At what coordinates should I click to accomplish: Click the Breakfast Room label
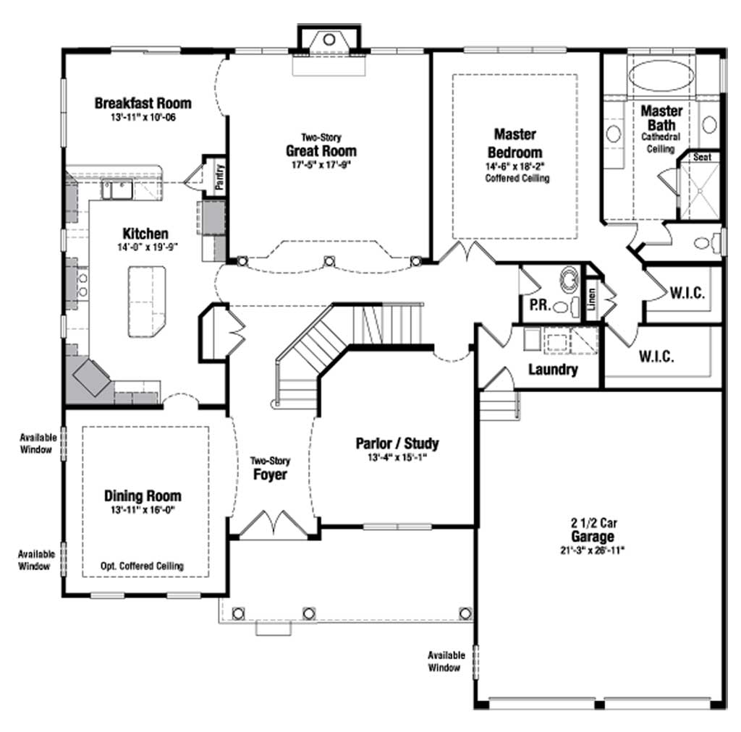(143, 103)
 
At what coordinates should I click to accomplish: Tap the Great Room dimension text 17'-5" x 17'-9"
(321, 165)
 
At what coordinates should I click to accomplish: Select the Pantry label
(219, 177)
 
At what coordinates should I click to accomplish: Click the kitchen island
(147, 302)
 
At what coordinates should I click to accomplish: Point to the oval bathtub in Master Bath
(661, 75)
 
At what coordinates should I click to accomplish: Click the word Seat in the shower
(702, 157)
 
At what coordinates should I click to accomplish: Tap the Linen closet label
(592, 299)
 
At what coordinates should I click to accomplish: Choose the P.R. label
(540, 305)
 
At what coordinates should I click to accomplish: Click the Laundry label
(553, 370)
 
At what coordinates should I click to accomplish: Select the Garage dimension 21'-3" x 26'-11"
(592, 550)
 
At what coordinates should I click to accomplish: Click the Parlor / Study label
(397, 443)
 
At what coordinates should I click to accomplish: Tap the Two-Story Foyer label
(270, 469)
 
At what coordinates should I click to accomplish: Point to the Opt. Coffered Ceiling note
(142, 566)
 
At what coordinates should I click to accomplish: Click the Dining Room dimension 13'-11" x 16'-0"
(143, 509)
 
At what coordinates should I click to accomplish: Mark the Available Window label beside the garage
(446, 661)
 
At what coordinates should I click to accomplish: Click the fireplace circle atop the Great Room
(329, 40)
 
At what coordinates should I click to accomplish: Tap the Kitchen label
(145, 234)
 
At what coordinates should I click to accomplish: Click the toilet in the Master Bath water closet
(705, 243)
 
